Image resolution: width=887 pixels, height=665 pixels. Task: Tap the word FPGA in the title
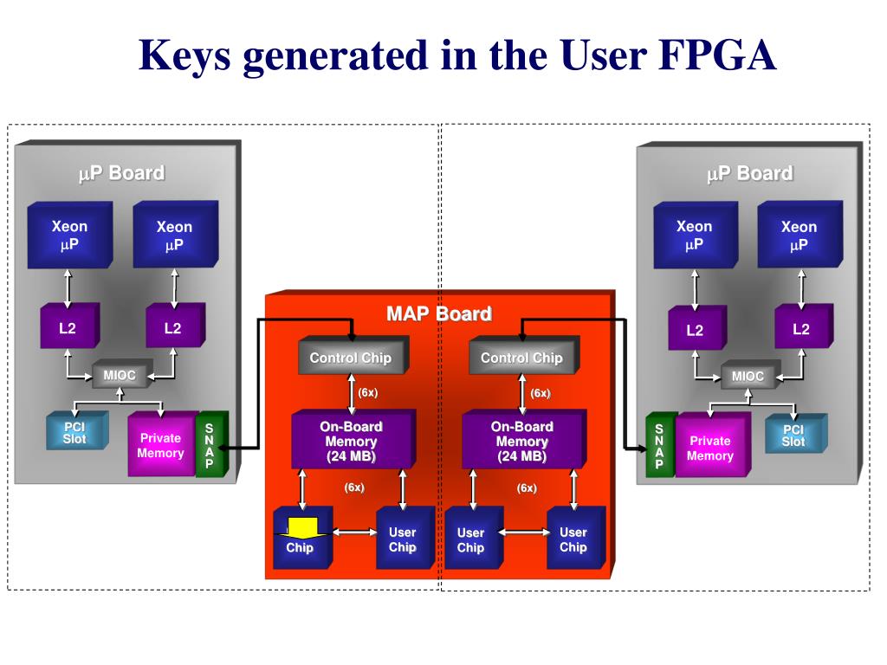[716, 55]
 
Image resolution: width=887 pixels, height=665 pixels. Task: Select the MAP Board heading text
[439, 313]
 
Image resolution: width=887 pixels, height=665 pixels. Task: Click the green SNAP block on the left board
[211, 444]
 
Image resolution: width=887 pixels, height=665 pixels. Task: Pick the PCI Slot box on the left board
[77, 431]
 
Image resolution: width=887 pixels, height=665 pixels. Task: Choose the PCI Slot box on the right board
[795, 435]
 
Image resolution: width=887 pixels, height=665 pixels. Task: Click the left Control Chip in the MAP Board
[353, 356]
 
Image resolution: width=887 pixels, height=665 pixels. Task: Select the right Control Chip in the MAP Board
[523, 356]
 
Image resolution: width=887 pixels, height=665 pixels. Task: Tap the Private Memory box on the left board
[162, 444]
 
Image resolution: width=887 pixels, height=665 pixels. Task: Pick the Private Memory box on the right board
[712, 446]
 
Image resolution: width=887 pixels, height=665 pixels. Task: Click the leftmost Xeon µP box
[70, 235]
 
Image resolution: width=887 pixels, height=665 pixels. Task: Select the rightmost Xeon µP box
[800, 235]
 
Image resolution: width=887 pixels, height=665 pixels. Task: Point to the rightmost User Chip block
[575, 538]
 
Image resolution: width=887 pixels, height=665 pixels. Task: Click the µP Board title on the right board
[749, 173]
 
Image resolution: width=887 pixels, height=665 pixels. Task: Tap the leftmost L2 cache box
[69, 326]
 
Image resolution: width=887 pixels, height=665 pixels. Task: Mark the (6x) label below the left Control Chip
[367, 392]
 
